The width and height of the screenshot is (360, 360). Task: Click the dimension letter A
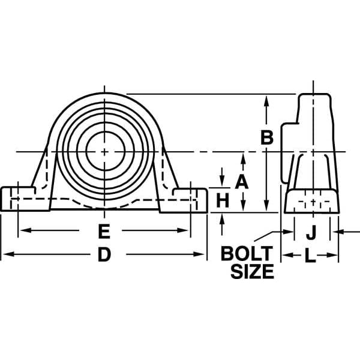(242, 182)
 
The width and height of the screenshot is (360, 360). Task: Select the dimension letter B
(266, 137)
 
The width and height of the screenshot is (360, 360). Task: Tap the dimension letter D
(104, 255)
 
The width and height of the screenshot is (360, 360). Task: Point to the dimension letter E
(104, 230)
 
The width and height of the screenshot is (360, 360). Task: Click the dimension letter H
(223, 200)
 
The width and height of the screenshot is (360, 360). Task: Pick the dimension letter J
(311, 232)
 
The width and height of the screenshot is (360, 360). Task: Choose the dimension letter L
(310, 256)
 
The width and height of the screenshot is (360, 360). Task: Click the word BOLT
(247, 253)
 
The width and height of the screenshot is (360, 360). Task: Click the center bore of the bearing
(105, 151)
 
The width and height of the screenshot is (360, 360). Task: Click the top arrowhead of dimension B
(266, 99)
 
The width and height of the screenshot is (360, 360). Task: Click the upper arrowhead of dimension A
(242, 157)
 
